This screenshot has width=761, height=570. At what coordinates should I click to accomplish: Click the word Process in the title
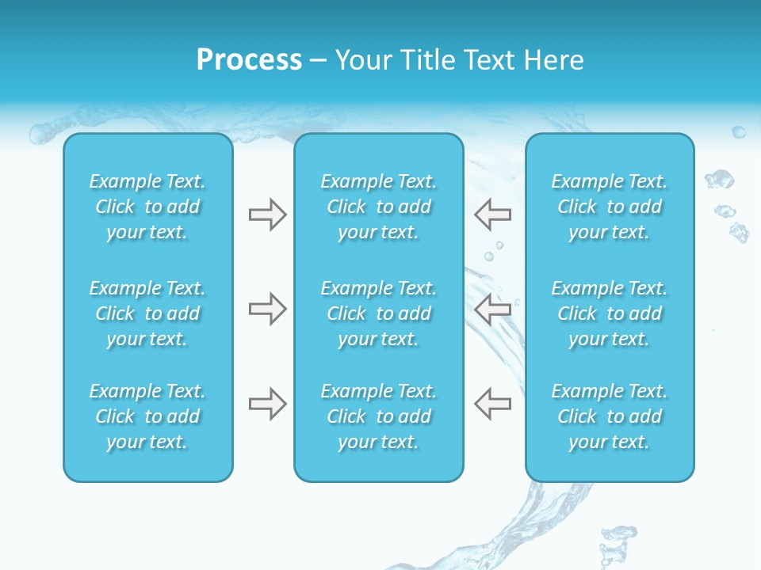pyautogui.click(x=249, y=60)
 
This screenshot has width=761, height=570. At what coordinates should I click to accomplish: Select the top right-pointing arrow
pyautogui.click(x=268, y=214)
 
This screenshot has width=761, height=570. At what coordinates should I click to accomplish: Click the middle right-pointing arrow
pyautogui.click(x=268, y=309)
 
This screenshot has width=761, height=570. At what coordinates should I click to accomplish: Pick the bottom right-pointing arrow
pyautogui.click(x=268, y=404)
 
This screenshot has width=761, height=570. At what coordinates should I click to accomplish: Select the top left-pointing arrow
pyautogui.click(x=492, y=214)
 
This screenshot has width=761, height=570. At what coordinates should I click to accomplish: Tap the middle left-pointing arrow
pyautogui.click(x=492, y=309)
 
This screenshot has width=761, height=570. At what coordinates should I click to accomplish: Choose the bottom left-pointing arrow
pyautogui.click(x=492, y=404)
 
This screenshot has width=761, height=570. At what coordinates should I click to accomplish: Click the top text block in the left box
pyautogui.click(x=147, y=207)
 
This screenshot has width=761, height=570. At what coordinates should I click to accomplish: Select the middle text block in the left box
pyautogui.click(x=147, y=313)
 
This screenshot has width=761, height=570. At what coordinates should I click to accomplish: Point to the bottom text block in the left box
pyautogui.click(x=147, y=416)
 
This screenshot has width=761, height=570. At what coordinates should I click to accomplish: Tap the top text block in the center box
pyautogui.click(x=378, y=207)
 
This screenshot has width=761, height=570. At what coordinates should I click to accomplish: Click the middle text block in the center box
pyautogui.click(x=378, y=313)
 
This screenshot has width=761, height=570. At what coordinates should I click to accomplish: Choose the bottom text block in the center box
pyautogui.click(x=378, y=416)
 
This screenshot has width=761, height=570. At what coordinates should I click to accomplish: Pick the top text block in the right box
pyautogui.click(x=610, y=207)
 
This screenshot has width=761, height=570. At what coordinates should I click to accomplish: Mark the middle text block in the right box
pyautogui.click(x=610, y=313)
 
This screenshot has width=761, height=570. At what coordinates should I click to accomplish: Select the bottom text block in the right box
pyautogui.click(x=610, y=416)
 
